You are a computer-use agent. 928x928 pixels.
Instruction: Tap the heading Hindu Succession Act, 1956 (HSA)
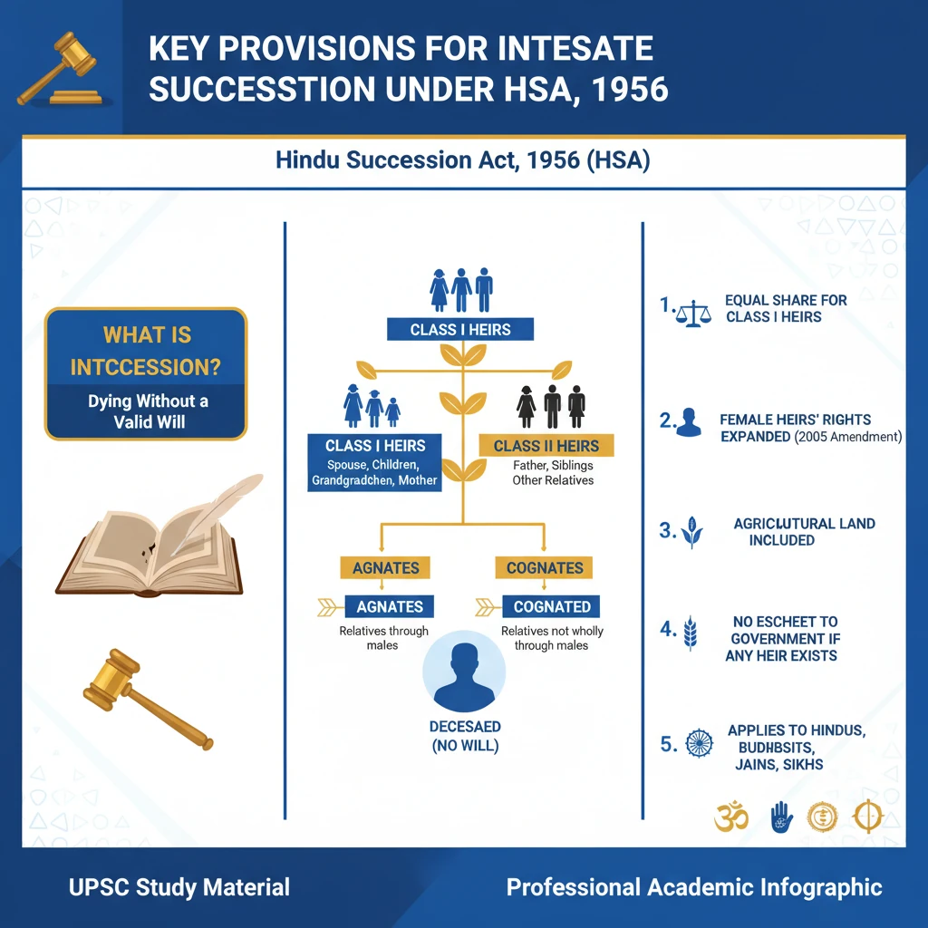(x=462, y=162)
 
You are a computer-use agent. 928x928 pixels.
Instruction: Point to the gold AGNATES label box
(x=387, y=568)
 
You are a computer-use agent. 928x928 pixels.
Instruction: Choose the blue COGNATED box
(x=552, y=607)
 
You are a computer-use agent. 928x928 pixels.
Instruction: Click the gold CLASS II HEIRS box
(x=546, y=445)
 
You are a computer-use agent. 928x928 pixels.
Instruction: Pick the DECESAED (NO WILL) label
(x=464, y=737)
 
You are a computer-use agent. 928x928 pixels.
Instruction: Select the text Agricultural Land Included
(x=798, y=532)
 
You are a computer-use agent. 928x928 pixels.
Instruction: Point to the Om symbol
(x=730, y=817)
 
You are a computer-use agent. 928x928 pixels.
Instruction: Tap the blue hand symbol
(x=780, y=817)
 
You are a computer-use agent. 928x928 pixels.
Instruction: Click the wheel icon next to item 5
(x=700, y=745)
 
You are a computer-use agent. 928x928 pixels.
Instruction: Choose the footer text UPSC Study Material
(x=179, y=887)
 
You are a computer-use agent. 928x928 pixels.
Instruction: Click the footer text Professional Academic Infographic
(x=694, y=887)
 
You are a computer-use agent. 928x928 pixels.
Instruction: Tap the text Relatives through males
(x=383, y=638)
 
